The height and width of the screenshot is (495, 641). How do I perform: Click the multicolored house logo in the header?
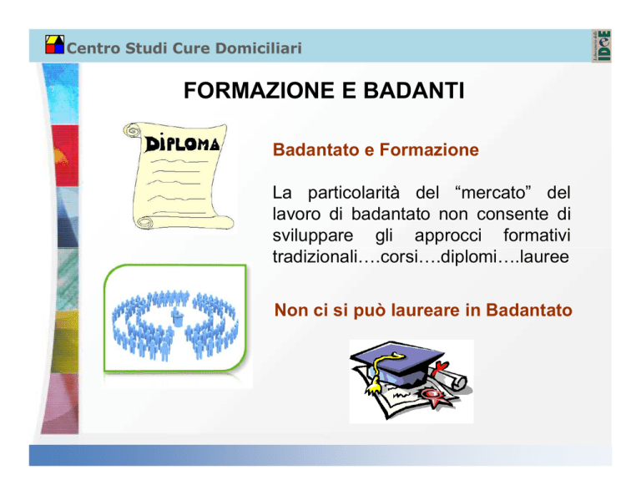pyautogui.click(x=55, y=44)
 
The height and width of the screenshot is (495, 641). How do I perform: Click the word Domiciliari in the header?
pyautogui.click(x=259, y=48)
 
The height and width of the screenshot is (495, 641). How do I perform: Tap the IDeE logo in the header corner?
pyautogui.click(x=601, y=46)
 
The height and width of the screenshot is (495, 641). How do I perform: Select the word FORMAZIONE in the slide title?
pyautogui.click(x=260, y=90)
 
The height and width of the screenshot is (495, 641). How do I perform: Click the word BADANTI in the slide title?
pyautogui.click(x=414, y=90)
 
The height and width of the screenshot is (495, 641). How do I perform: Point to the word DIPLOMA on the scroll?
pyautogui.click(x=182, y=143)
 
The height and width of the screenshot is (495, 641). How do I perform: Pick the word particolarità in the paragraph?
pyautogui.click(x=354, y=193)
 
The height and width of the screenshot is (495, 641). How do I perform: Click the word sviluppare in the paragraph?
pyautogui.click(x=313, y=236)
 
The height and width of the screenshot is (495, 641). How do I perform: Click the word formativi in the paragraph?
pyautogui.click(x=537, y=235)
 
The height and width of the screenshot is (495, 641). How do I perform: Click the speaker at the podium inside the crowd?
pyautogui.click(x=177, y=317)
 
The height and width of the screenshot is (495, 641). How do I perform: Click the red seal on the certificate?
pyautogui.click(x=432, y=396)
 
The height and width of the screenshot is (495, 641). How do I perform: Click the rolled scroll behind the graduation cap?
pyautogui.click(x=450, y=376)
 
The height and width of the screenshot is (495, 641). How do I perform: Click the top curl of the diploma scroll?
pyautogui.click(x=132, y=131)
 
